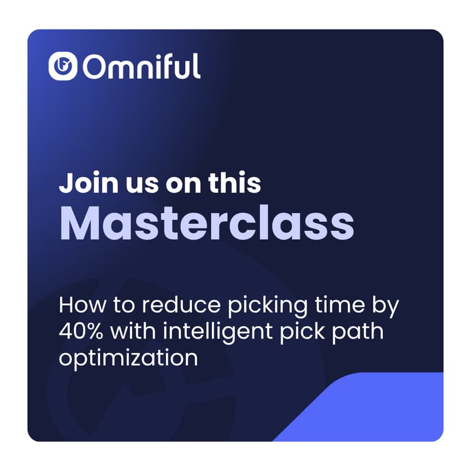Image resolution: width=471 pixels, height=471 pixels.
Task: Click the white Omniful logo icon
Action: click(63, 67)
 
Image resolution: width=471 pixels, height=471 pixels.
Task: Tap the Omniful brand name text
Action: click(142, 67)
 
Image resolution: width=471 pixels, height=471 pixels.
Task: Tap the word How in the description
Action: click(79, 306)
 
